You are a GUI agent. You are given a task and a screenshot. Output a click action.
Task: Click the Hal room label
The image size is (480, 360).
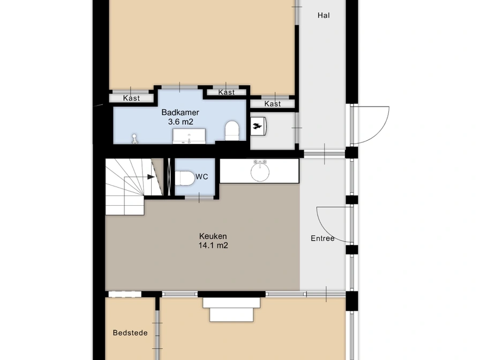(324, 16)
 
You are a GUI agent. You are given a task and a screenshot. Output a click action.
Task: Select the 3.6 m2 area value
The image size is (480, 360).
(181, 122)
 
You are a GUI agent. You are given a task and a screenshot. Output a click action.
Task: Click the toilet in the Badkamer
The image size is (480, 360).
(232, 131)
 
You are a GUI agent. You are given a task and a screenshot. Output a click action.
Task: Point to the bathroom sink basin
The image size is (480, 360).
(189, 136)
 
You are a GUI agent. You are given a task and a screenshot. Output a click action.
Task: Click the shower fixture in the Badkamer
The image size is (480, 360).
(134, 139)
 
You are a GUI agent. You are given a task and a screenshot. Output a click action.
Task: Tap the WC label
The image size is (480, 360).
(202, 177)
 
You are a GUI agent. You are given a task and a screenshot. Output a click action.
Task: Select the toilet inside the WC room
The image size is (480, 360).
(185, 178)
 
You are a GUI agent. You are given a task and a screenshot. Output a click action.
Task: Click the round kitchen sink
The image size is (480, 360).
(260, 172)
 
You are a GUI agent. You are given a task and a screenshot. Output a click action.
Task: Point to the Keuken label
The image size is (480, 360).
(213, 236)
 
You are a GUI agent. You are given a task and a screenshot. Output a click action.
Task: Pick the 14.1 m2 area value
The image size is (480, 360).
(213, 245)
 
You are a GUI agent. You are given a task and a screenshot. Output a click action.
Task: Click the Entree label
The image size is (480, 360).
(322, 238)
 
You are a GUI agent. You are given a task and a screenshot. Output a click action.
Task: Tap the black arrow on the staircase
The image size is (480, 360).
(151, 177)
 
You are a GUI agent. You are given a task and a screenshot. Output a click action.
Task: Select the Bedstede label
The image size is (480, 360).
(130, 333)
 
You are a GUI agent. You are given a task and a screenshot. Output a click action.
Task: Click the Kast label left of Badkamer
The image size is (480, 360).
(131, 98)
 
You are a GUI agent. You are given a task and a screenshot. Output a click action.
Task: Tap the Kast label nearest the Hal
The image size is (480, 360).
(273, 104)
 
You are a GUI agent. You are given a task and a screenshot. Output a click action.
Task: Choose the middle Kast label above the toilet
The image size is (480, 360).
(227, 93)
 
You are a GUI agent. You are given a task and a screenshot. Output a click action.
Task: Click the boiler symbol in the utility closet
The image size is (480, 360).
(259, 126)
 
